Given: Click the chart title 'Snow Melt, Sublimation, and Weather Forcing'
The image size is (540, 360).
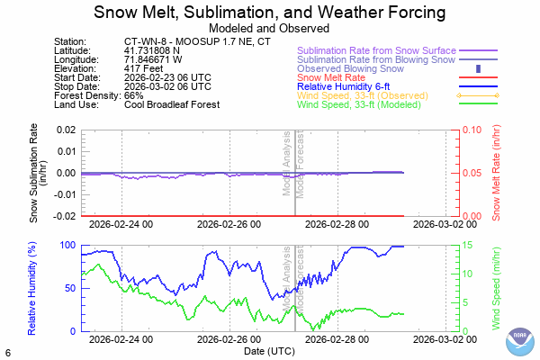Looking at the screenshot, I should click(x=270, y=13).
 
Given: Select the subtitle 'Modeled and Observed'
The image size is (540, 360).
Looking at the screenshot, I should click(x=270, y=28).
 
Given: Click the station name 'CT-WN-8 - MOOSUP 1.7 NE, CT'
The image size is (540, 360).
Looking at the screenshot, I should click(x=198, y=42).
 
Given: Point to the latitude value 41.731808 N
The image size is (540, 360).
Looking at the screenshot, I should click(x=152, y=51).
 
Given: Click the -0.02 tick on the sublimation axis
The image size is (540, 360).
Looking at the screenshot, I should click(x=63, y=216).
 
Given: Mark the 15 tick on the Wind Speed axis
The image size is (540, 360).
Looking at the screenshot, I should click(x=456, y=246).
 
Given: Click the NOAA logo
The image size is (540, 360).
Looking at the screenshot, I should click(x=519, y=342).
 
